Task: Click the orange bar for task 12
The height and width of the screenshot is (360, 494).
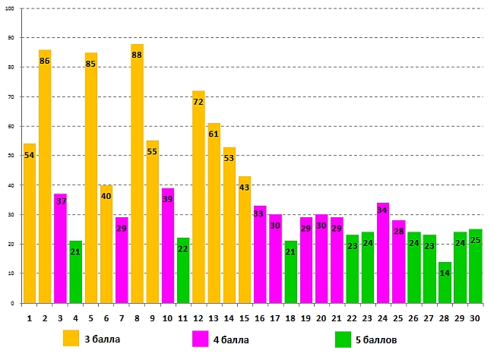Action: point(198,197)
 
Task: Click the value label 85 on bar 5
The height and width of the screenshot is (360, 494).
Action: point(90,64)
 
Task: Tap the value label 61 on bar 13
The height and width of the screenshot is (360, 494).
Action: point(214,134)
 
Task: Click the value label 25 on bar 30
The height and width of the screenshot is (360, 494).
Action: point(476,241)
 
